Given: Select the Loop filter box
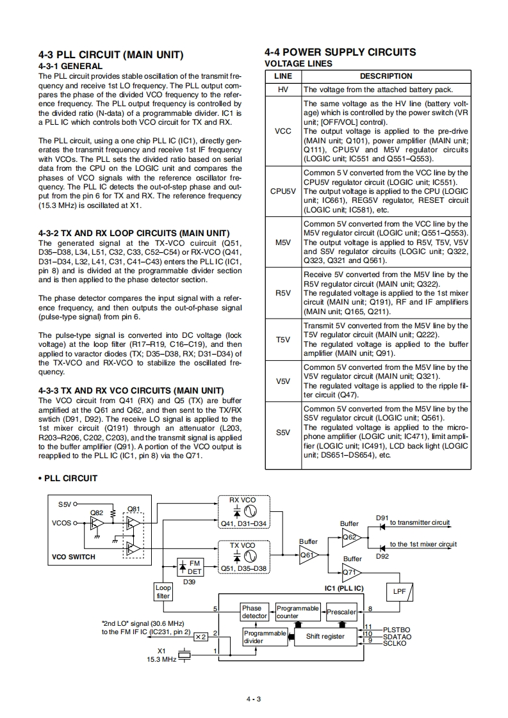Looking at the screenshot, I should click(x=163, y=591).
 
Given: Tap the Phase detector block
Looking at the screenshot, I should click(x=254, y=612).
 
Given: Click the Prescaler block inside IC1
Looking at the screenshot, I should click(x=341, y=612).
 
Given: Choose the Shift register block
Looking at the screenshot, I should click(x=325, y=636).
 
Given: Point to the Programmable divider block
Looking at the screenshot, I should click(x=265, y=637).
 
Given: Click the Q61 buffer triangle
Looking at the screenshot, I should click(x=308, y=555).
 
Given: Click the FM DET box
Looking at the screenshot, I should click(x=190, y=568).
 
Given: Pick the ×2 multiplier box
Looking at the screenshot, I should click(x=201, y=637).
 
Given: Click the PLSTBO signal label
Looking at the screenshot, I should click(x=397, y=630).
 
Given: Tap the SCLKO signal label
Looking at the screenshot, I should click(x=395, y=643).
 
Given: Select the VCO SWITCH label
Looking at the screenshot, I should click(x=73, y=557).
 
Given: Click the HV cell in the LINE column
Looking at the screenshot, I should click(x=283, y=90).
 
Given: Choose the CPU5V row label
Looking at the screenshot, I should click(x=283, y=191).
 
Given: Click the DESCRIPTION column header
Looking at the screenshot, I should click(x=386, y=76).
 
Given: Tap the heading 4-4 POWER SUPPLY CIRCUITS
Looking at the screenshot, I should click(x=340, y=52).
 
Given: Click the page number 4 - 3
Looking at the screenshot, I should click(x=254, y=698).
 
